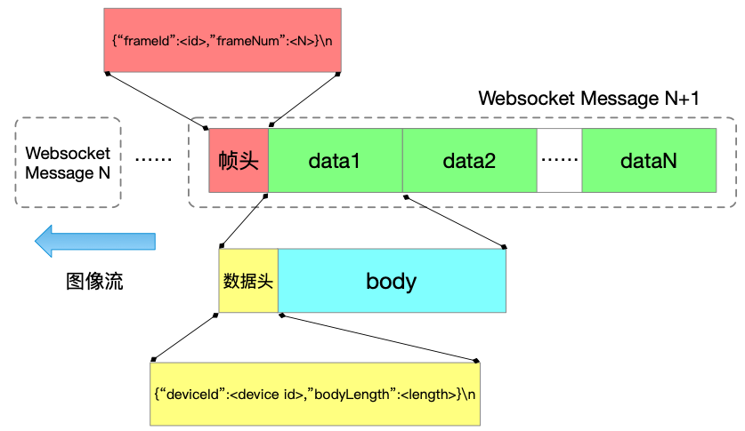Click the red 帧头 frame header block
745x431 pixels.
tap(238, 161)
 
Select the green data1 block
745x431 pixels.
tap(335, 161)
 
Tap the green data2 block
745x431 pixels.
tap(469, 161)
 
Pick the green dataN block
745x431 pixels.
tap(649, 161)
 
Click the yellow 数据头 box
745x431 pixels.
tap(248, 281)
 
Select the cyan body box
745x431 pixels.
tap(392, 281)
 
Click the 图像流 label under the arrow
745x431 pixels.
tap(94, 283)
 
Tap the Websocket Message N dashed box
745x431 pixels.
tap(68, 163)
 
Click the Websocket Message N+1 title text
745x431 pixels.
tap(588, 99)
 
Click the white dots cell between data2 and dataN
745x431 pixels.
tap(560, 161)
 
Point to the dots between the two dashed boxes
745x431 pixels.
tap(153, 159)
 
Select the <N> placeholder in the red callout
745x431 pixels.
tap(296, 41)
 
